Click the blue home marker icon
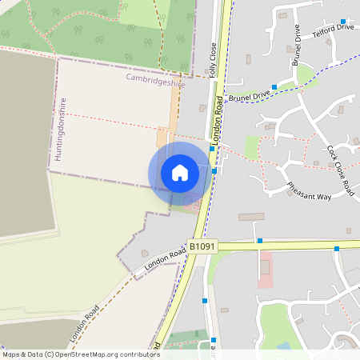click(180, 173)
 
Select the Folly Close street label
click(214, 60)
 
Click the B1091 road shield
click(202, 248)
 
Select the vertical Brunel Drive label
click(296, 50)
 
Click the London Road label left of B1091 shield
click(164, 258)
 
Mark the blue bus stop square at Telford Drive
click(343, 22)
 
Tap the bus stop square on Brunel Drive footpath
click(274, 86)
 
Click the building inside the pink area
click(265, 267)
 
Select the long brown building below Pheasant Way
click(251, 217)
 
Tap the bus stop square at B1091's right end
click(337, 249)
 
